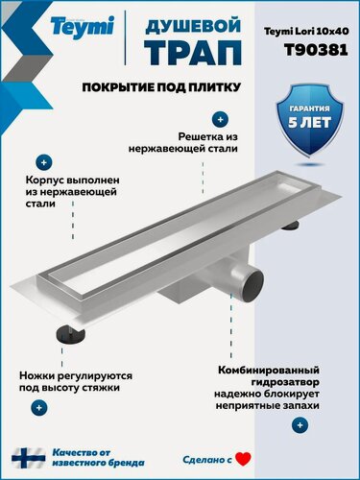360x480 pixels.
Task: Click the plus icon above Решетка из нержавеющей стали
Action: point(220,120)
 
